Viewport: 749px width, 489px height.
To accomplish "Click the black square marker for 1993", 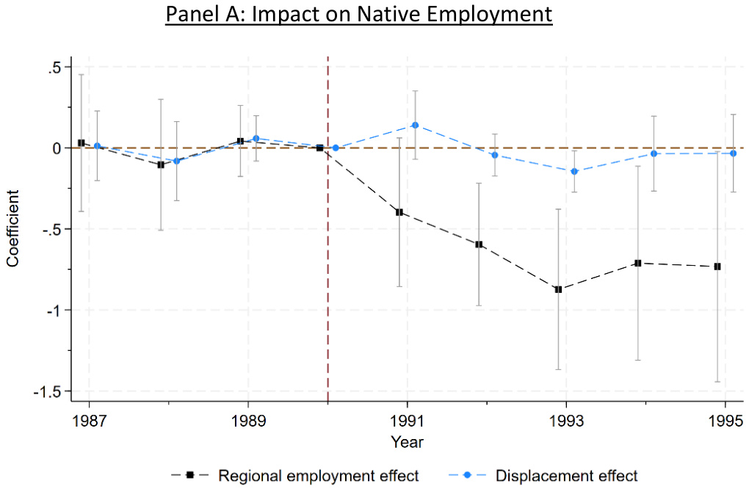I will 558,289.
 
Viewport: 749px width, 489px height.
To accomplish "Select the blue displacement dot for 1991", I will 415,125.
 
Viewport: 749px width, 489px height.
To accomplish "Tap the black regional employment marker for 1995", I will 717,267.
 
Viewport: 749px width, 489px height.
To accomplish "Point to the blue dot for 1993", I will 574,171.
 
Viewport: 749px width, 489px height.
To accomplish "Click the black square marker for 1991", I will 399,212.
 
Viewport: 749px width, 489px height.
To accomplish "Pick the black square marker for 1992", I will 479,244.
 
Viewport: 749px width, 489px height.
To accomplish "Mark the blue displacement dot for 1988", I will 176,161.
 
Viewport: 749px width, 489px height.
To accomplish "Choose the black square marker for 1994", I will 638,263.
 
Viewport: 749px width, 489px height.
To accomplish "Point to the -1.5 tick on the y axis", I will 49,391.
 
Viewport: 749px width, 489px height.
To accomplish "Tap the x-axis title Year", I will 407,442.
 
